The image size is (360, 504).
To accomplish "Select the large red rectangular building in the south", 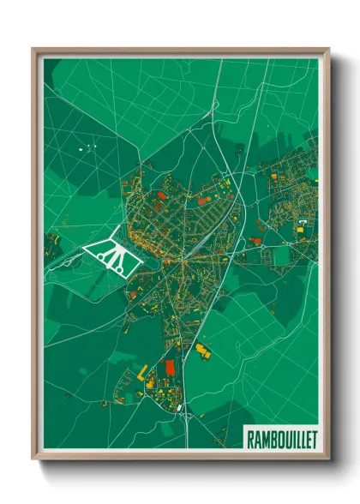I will click(x=168, y=367).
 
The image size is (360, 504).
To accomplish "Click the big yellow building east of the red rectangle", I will click(x=203, y=350).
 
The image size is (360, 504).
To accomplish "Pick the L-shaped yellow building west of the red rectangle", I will click(x=142, y=371).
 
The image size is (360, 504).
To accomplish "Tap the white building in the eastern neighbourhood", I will click(x=302, y=222).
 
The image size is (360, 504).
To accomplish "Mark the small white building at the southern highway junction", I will click(x=179, y=409).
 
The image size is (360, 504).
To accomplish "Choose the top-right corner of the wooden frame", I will click(x=328, y=50).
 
